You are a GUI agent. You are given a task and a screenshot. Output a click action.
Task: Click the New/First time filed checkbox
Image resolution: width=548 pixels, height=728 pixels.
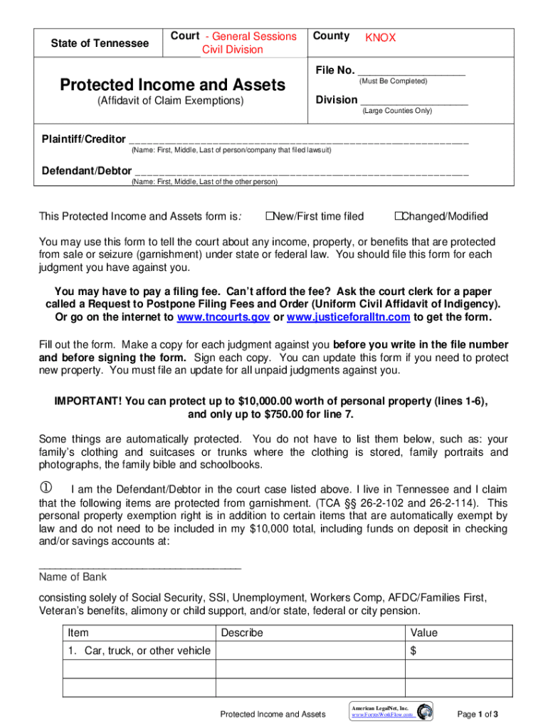point(269,216)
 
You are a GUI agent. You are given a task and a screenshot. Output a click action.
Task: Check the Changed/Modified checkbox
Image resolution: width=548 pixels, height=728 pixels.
point(398,216)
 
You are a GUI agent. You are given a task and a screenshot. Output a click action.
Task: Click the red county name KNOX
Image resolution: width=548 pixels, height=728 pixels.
point(381,38)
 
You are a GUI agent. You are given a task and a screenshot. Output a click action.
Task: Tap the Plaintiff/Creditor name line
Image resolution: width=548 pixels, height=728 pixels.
point(299,141)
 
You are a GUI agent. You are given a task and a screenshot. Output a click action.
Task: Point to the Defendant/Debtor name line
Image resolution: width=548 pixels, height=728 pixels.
point(302,173)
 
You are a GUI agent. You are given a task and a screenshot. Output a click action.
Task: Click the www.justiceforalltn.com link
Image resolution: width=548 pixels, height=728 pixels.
point(349,317)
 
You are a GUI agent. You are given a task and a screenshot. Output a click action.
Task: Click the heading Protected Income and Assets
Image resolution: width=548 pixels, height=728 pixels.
point(173,85)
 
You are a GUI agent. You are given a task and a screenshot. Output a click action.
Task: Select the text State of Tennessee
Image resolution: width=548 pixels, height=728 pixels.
point(100,43)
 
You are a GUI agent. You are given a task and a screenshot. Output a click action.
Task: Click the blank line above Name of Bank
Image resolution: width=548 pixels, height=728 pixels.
point(140,567)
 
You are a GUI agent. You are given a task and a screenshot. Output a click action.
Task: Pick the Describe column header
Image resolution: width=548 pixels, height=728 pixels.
point(242,633)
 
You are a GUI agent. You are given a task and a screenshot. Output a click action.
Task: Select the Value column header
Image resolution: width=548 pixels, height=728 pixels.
point(424,633)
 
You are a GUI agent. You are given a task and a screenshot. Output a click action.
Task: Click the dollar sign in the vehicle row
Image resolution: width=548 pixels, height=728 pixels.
point(413,651)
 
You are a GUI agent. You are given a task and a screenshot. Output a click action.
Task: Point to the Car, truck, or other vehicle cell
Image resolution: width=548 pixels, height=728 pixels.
point(139,651)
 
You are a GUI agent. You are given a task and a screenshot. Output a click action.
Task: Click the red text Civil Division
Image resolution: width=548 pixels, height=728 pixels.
point(233,49)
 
